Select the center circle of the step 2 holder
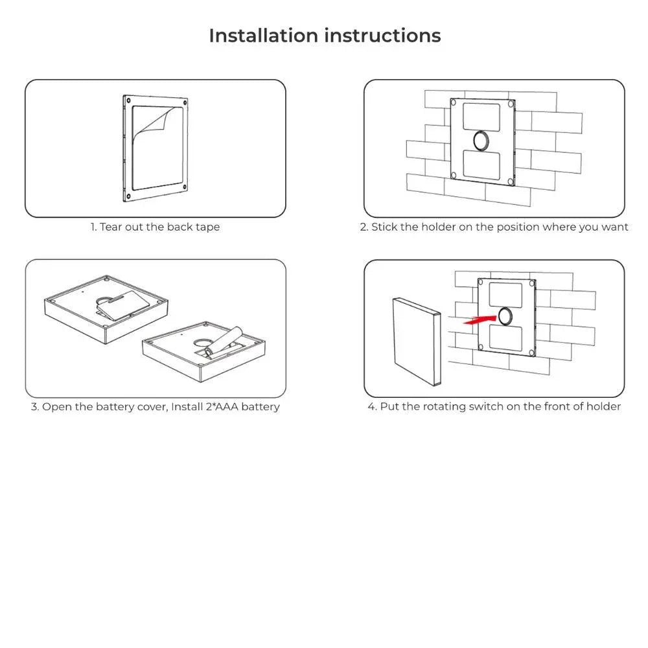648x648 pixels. click(481, 139)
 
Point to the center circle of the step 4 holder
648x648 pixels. click(505, 316)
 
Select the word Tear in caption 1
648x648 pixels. click(111, 227)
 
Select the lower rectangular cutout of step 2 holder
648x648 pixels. click(481, 164)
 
